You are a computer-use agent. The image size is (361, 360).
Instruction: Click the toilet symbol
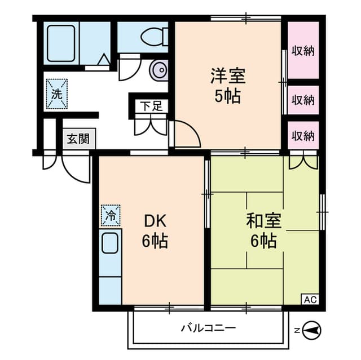(x=155, y=36)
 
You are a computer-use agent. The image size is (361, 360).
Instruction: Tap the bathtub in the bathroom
(x=61, y=43)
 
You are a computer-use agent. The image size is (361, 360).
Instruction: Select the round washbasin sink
(x=159, y=70)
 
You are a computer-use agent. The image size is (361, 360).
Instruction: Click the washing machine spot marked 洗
(x=57, y=94)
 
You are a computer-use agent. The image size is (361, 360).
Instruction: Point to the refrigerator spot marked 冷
(x=111, y=215)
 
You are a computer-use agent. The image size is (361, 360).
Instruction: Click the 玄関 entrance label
(x=78, y=139)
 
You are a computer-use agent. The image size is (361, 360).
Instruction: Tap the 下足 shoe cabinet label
(x=152, y=106)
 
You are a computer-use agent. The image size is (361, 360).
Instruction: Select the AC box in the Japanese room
(x=310, y=300)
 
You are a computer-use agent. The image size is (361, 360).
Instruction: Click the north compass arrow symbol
(x=311, y=331)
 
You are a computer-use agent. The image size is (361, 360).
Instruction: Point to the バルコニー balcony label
(x=208, y=328)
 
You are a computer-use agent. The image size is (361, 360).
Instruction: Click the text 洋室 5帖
(x=228, y=86)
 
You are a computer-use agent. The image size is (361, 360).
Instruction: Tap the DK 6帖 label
(x=155, y=231)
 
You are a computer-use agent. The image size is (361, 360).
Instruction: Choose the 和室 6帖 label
(x=263, y=231)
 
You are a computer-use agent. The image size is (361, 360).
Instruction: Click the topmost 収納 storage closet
(x=303, y=50)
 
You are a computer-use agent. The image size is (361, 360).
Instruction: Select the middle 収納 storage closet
(x=303, y=100)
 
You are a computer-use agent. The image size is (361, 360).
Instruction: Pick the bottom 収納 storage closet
(x=303, y=136)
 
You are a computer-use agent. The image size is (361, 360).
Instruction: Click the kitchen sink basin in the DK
(x=110, y=243)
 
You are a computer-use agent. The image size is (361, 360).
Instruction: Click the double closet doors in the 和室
(x=303, y=161)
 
